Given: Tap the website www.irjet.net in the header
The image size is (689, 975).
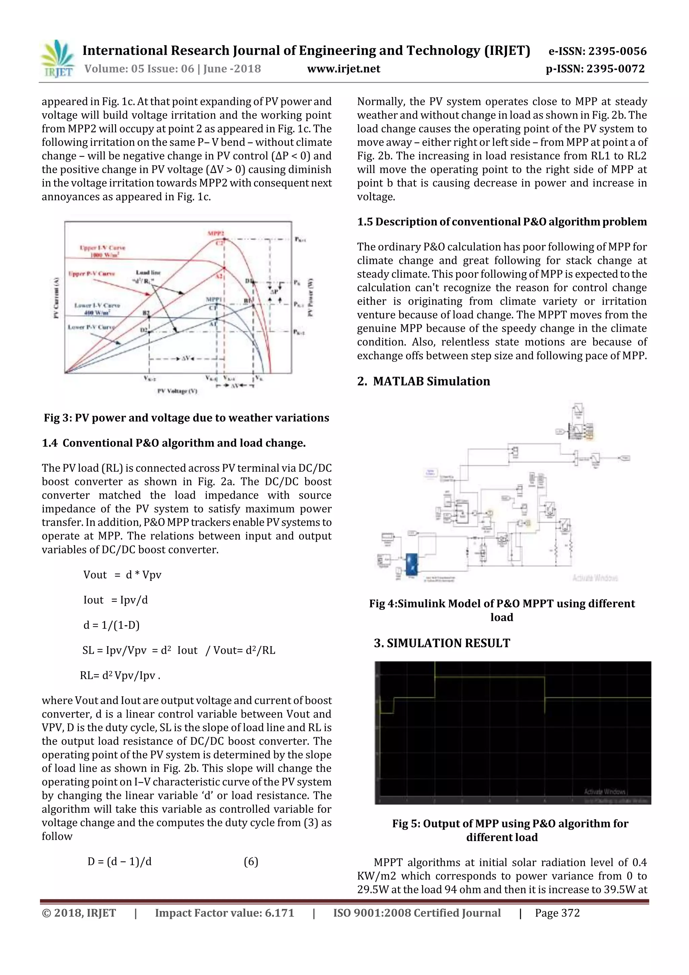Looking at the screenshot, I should coord(343,69).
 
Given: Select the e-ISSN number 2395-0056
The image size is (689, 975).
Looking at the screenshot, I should coord(597,51).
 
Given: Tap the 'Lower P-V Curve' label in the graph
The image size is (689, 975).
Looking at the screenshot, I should coord(91,327).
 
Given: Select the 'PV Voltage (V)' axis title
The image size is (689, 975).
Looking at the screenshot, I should coord(177,391).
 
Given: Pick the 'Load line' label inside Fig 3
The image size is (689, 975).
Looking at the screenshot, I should coord(148,272).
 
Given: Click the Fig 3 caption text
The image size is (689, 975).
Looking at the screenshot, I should coord(186,418).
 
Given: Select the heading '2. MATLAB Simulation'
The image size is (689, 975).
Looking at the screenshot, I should coord(423,381).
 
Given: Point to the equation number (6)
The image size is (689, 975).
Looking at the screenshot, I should coord(251,862).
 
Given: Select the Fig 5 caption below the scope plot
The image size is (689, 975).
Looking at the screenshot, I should coord(510,830).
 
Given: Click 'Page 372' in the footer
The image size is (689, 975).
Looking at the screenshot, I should coord(557,913).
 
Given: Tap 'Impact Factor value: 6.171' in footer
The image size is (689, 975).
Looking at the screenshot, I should coord(225,913).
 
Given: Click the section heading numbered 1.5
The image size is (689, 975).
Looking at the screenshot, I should coord(502,222).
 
